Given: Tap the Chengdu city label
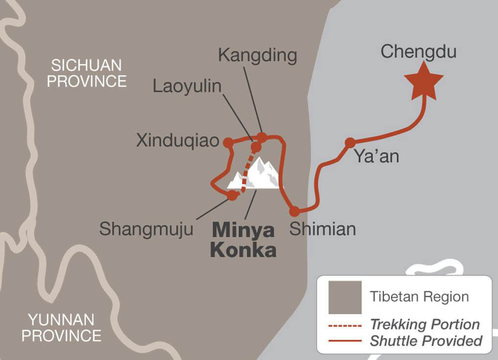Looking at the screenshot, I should [418, 51].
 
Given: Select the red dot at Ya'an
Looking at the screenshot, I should [350, 143].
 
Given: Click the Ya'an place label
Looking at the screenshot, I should [376, 156].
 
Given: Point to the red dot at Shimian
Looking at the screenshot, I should [294, 211].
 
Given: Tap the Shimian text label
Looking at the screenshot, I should [322, 229].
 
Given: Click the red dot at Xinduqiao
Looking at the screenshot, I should [228, 143].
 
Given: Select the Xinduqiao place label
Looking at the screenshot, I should [177, 142].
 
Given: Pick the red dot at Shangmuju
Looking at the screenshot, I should [233, 195].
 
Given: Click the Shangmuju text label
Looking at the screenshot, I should [146, 229].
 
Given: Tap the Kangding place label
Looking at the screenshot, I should [258, 55].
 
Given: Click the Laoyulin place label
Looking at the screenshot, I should [187, 86].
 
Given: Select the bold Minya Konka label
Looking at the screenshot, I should [243, 240].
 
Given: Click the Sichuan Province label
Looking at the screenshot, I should [87, 72].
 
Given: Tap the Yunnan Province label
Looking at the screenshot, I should [62, 328].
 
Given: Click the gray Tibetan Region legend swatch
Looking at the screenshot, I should [345, 297].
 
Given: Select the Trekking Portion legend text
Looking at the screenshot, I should [425, 324].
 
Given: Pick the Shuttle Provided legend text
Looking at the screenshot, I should [426, 340].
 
